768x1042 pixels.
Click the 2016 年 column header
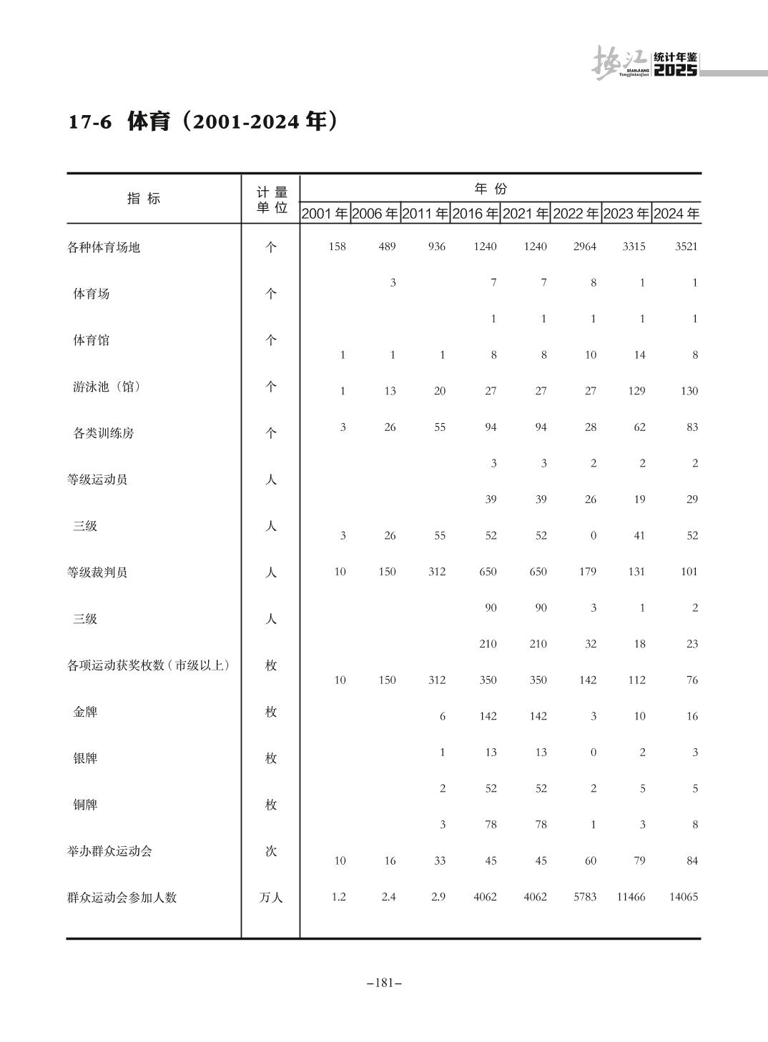[x=475, y=214]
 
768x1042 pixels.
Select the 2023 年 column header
[x=626, y=214]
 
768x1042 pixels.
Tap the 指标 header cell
[x=144, y=199]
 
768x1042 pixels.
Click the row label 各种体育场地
[x=104, y=247]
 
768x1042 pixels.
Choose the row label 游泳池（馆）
[x=107, y=387]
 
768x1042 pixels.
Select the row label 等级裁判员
[x=97, y=572]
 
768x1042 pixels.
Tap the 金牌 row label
[x=85, y=712]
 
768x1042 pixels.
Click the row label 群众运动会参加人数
[x=122, y=898]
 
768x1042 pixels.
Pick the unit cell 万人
[x=271, y=898]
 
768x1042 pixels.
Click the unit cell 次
[x=271, y=851]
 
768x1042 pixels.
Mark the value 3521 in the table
[x=686, y=247]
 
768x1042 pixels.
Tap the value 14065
[x=683, y=897]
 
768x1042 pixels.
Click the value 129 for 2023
[x=636, y=391]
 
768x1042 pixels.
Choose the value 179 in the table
[x=587, y=572]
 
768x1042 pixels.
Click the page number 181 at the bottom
[x=384, y=983]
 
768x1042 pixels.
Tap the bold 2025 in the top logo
[x=676, y=70]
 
